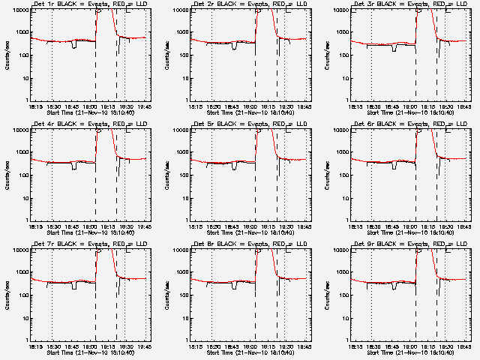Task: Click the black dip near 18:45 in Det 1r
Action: click(73, 45)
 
